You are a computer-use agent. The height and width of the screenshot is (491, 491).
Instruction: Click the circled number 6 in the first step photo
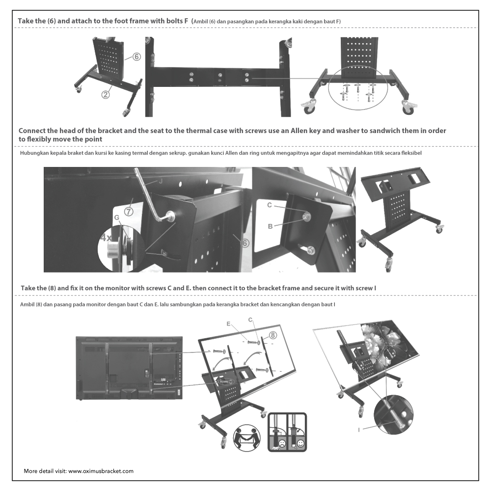(x=136, y=57)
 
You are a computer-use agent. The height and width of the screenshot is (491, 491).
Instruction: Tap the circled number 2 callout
(x=105, y=95)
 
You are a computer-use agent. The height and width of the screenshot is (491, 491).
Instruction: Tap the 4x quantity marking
(x=107, y=237)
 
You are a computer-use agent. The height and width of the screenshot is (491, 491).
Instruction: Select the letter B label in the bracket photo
(x=270, y=226)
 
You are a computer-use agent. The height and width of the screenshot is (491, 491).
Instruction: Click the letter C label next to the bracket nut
(x=270, y=205)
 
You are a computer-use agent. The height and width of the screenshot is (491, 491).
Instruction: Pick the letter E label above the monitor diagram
(x=229, y=325)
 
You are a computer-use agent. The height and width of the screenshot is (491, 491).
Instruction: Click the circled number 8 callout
(x=273, y=335)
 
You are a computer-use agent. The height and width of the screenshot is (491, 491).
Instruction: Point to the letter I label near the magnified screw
(x=359, y=430)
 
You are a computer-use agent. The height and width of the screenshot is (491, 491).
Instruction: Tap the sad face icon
(x=282, y=444)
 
